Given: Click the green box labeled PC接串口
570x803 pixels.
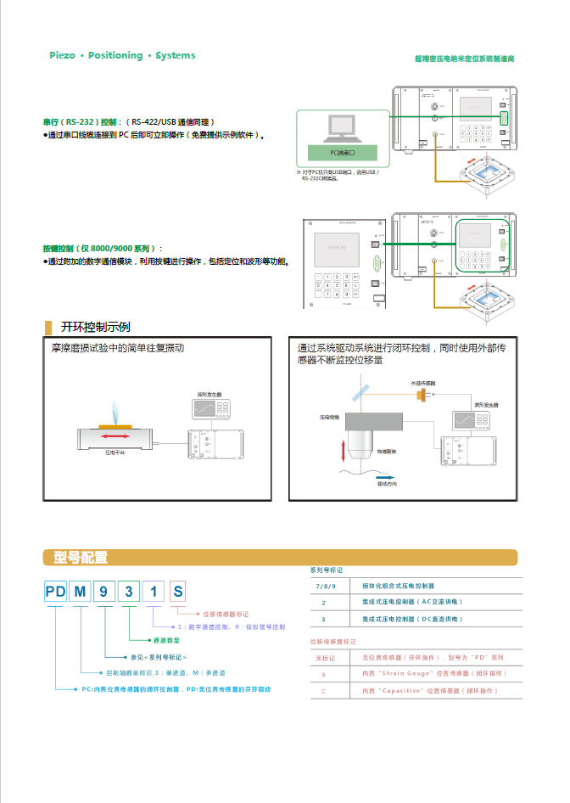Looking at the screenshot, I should coord(341,153).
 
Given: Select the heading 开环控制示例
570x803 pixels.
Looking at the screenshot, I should coord(95,327).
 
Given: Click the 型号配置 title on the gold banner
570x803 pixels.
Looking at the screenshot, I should coord(81,558).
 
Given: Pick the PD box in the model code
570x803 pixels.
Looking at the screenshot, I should coord(55,592).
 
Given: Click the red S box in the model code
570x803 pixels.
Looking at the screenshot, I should coord(176,592).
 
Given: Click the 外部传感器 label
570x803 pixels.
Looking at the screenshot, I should coord(423,384).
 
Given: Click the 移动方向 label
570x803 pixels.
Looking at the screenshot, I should coord(387,484).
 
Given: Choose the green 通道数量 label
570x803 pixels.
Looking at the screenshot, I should coord(166,640).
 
